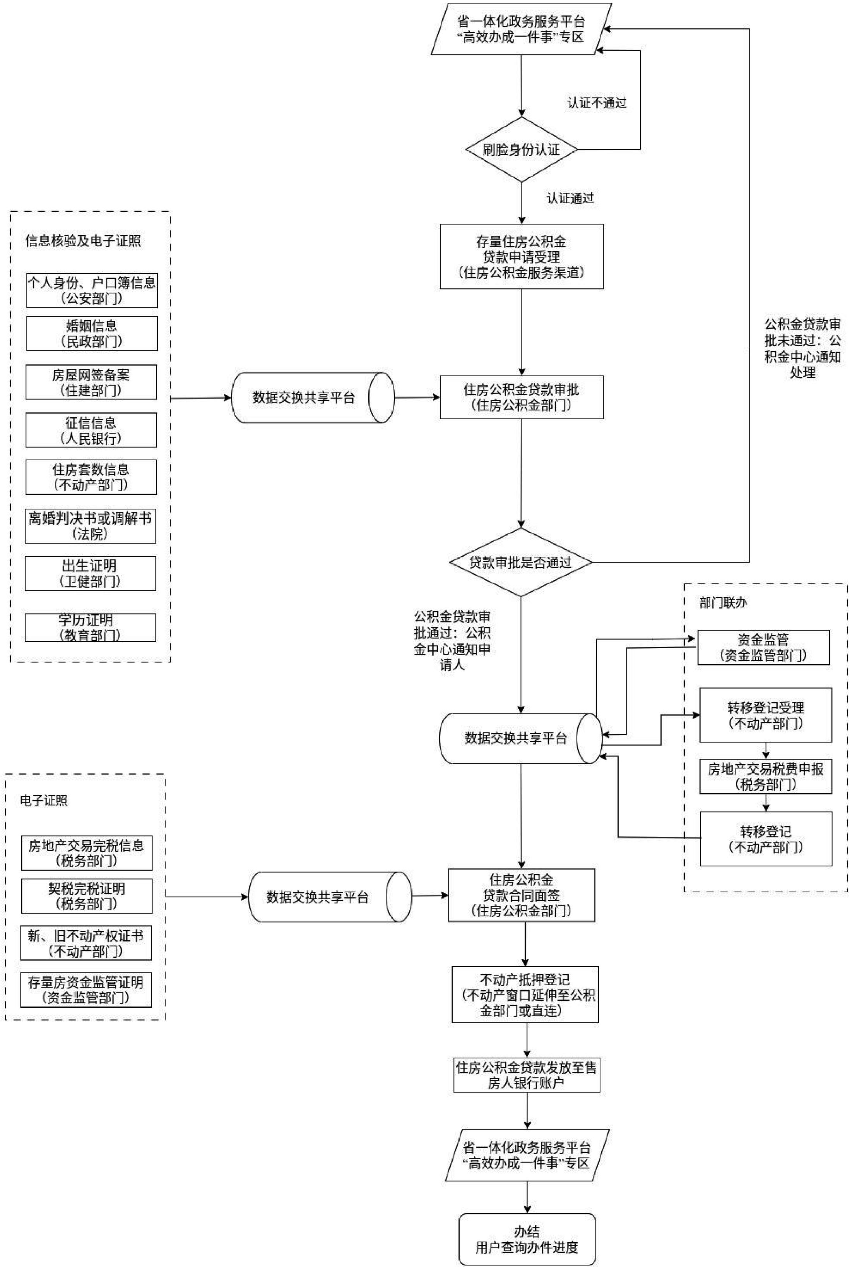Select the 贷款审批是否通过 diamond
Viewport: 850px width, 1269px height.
tap(520, 562)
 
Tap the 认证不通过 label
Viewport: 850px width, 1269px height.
tap(597, 103)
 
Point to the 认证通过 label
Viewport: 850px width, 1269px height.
tap(570, 199)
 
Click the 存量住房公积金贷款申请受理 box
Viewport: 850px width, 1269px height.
tap(522, 257)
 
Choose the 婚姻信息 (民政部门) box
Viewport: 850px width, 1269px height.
tap(92, 334)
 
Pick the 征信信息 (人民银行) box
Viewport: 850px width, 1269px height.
tap(91, 430)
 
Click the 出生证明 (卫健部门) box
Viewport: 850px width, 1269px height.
tap(90, 573)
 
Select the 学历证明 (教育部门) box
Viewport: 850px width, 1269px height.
tap(90, 628)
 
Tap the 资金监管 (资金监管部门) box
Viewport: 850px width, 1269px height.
tap(763, 648)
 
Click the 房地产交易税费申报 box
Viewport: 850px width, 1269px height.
tap(765, 777)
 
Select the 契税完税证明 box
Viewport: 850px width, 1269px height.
tap(87, 896)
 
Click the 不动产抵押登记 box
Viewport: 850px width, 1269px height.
tap(525, 995)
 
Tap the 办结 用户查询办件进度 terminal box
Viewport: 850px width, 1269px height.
tap(527, 1239)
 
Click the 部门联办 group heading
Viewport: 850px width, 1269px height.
tap(723, 603)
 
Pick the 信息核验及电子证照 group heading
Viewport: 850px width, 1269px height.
tap(83, 241)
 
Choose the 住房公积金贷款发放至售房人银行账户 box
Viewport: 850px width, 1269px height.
tap(527, 1075)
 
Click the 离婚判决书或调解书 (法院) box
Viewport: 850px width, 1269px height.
tap(90, 526)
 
